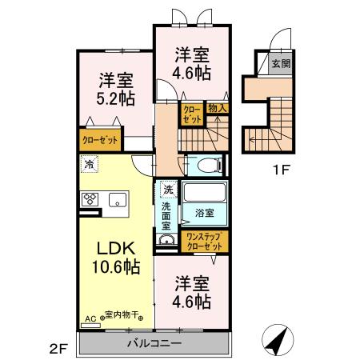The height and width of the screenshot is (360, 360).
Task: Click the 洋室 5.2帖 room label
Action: click(x=117, y=89)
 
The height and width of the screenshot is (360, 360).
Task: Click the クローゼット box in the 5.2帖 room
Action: click(x=98, y=138)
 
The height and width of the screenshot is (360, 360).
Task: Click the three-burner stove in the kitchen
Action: click(x=87, y=200)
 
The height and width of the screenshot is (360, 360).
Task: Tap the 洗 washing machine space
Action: click(x=168, y=190)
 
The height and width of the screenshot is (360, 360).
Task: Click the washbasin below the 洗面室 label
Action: click(x=168, y=242)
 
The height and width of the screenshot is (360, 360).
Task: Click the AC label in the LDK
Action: click(x=89, y=318)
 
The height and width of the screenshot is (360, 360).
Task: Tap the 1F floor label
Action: click(x=275, y=170)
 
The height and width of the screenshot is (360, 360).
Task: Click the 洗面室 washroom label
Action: click(x=167, y=216)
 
